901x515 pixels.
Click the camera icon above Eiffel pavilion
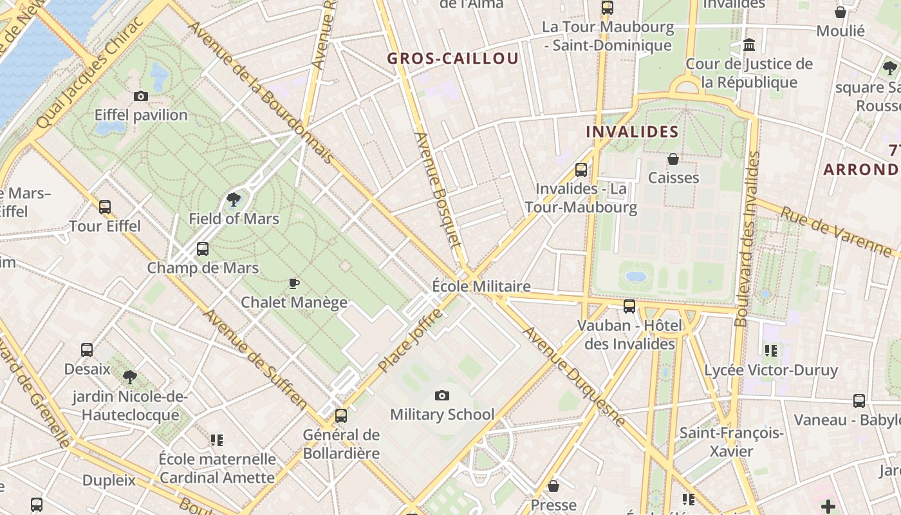click(x=140, y=97)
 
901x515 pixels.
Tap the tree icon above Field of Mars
click(x=234, y=200)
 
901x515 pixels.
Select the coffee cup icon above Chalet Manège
click(x=293, y=283)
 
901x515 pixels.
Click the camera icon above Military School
click(x=441, y=395)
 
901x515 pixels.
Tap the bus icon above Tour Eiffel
click(x=104, y=207)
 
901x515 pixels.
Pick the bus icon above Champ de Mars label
click(x=203, y=249)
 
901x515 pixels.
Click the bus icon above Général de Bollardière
click(x=341, y=416)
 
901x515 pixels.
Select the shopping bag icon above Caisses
click(x=673, y=158)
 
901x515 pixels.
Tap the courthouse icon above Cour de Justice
click(x=749, y=45)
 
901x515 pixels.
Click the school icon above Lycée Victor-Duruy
click(x=770, y=351)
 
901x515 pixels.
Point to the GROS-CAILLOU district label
click(x=452, y=59)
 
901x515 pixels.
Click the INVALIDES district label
click(x=632, y=132)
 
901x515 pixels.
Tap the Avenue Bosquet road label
click(x=438, y=190)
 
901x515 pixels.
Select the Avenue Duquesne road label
click(x=574, y=377)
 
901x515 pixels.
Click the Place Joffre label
click(x=411, y=341)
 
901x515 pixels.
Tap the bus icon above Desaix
click(x=87, y=350)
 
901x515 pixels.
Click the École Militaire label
click(x=481, y=286)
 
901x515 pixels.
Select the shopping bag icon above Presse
click(x=553, y=486)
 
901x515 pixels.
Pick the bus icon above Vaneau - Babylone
click(x=859, y=401)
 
